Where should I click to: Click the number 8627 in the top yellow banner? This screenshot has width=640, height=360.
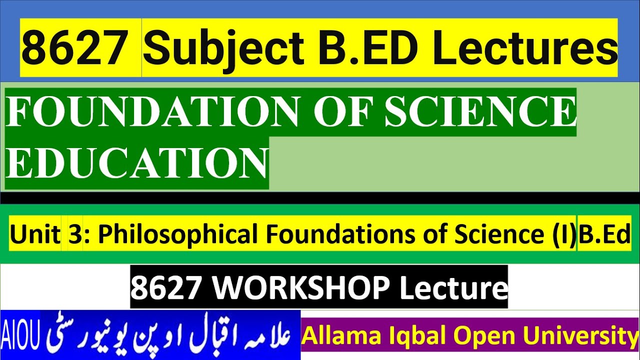pyautogui.click(x=74, y=48)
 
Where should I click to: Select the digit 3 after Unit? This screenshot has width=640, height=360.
pyautogui.click(x=75, y=234)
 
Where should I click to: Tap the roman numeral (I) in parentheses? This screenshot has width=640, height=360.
pyautogui.click(x=564, y=234)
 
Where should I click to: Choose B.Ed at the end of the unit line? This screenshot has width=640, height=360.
pyautogui.click(x=604, y=234)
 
